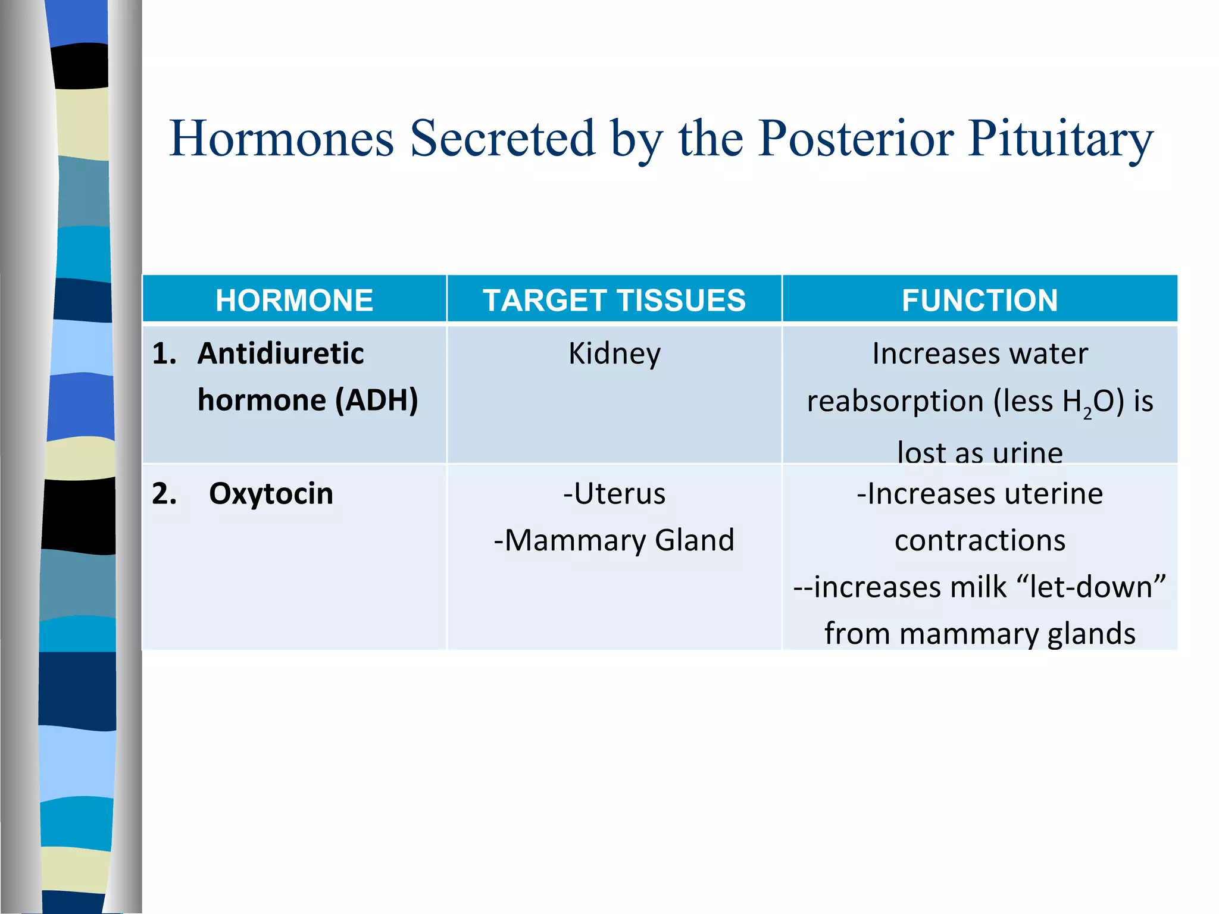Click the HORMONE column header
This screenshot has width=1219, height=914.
coord(294,300)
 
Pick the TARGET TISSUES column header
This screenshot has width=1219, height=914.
coord(614,300)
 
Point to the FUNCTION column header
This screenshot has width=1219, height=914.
coord(980,300)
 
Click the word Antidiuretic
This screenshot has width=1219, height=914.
coord(280,353)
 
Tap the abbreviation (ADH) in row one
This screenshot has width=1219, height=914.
coord(376,400)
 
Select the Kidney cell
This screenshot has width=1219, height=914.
coord(614,354)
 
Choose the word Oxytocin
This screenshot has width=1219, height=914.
coord(271,494)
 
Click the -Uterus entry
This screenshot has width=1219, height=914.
coord(614,494)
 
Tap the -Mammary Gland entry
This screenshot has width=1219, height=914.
coord(614,540)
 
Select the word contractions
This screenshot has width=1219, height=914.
coord(980,540)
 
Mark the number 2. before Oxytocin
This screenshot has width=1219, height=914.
coord(164,494)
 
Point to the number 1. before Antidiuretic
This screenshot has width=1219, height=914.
coord(164,353)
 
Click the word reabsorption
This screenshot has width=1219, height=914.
coord(895,401)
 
